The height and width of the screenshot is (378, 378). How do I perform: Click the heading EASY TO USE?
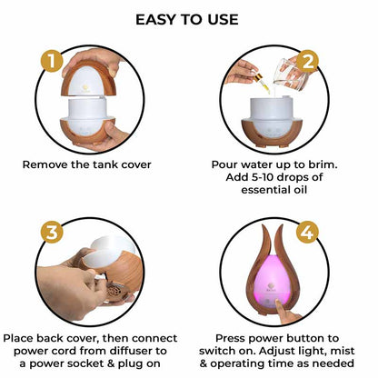[188, 19]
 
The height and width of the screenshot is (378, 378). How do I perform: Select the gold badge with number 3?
[54, 231]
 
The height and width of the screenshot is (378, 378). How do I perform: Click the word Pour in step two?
[227, 166]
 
